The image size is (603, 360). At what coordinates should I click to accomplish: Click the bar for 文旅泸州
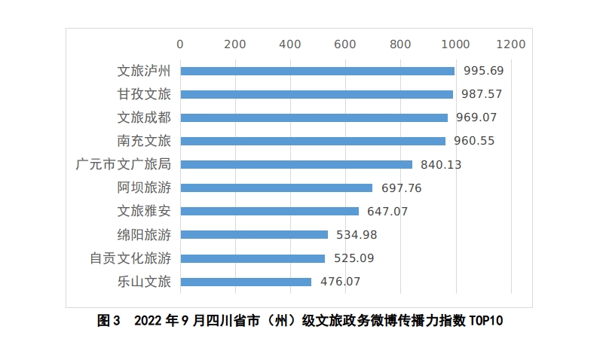pos(317,71)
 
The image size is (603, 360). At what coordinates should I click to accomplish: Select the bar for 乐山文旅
pos(246,282)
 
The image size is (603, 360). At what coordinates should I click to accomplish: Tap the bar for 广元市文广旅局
pos(295,164)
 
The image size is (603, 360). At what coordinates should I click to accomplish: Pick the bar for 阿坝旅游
pos(276,188)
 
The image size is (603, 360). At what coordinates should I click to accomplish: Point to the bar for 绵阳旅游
pos(254,234)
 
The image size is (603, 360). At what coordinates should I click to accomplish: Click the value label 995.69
pos(483,71)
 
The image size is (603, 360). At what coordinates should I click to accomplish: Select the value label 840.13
pos(441,164)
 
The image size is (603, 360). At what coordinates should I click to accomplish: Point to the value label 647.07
pos(387,212)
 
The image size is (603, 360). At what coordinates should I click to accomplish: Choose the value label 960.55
pos(474,141)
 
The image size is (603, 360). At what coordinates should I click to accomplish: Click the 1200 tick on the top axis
pos(511,44)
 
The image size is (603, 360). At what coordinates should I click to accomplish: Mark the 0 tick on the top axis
pos(180,44)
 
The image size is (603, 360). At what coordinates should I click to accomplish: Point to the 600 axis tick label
pos(345,44)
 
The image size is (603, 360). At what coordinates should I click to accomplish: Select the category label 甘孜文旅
pos(144,94)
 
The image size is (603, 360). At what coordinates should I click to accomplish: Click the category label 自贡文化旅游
pos(130,258)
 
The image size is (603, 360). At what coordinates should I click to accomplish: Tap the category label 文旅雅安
pos(144,212)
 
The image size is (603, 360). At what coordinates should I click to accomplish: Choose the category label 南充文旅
pos(144,141)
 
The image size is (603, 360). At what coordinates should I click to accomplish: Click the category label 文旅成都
pos(144,117)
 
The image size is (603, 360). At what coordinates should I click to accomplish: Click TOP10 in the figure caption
pos(485,321)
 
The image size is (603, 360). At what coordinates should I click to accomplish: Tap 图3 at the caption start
pos(109,321)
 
